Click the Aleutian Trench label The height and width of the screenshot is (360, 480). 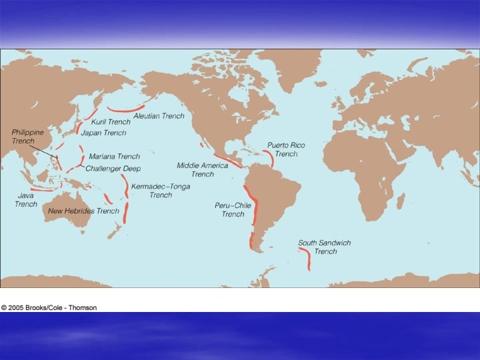click(x=159, y=116)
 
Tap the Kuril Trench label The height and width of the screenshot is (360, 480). click(x=111, y=122)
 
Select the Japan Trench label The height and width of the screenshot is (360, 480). click(x=103, y=133)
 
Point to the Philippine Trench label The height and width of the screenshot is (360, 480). click(x=27, y=137)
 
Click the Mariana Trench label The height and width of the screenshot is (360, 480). click(x=114, y=157)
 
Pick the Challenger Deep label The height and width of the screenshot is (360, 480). click(x=113, y=169)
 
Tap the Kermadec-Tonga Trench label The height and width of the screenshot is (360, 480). click(x=161, y=191)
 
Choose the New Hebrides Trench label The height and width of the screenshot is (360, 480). click(x=83, y=211)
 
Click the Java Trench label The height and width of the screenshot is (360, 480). click(x=26, y=200)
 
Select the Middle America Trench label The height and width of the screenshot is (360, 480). click(x=203, y=169)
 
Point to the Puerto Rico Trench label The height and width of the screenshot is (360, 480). click(x=286, y=149)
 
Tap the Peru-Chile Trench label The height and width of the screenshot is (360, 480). click(x=233, y=209)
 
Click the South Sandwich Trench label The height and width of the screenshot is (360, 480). click(x=325, y=247)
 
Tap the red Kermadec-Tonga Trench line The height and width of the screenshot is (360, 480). click(x=126, y=200)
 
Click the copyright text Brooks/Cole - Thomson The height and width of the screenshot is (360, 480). click(x=49, y=307)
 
